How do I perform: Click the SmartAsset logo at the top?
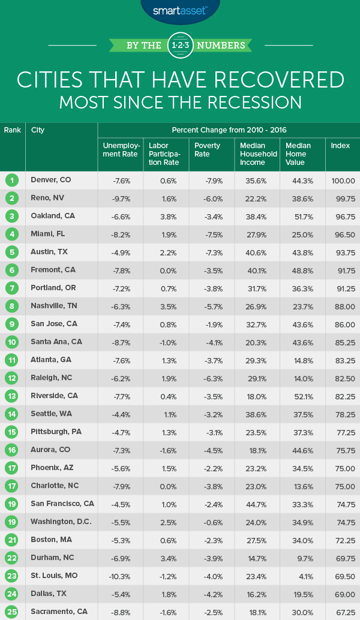pos(179,10)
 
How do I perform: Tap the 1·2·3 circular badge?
pos(180,46)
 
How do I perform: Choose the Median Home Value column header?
pos(298,154)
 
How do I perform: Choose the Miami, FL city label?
pos(47,234)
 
